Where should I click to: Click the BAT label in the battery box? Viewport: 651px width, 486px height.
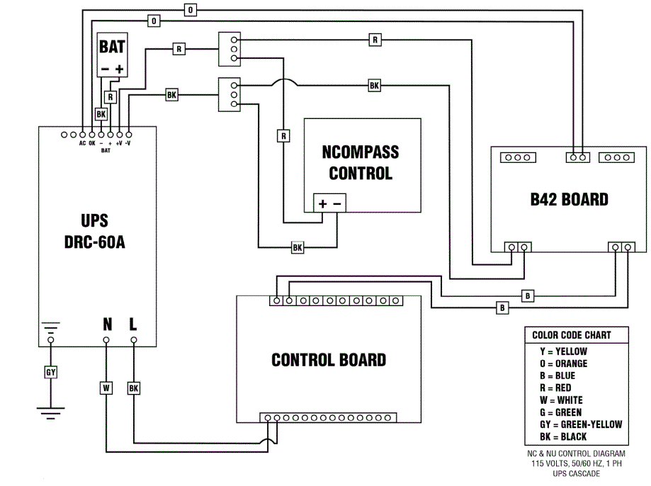point(111,47)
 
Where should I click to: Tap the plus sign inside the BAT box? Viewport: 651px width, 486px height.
point(120,69)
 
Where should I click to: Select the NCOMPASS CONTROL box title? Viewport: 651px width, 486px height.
point(360,163)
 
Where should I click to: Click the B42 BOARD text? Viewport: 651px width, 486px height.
point(569,199)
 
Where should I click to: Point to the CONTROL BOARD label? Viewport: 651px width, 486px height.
point(329,360)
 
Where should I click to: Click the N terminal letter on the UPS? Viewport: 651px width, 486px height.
point(107,324)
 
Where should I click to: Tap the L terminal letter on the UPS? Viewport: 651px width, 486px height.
point(133,324)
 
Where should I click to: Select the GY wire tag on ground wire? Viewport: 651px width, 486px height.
point(50,372)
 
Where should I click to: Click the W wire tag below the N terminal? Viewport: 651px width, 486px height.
point(106,388)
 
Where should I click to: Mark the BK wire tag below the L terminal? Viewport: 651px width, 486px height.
point(134,388)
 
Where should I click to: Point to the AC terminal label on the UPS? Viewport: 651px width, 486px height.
point(82,142)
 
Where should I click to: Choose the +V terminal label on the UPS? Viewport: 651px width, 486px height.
point(119,142)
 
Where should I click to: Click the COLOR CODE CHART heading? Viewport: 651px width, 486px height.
point(571,335)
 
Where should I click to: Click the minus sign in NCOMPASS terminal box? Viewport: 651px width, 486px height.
point(337,204)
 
